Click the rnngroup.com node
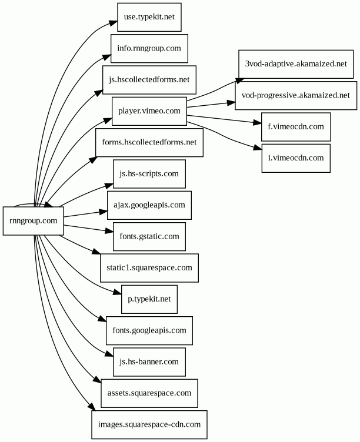pyautogui.click(x=33, y=221)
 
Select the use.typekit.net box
pyautogui.click(x=149, y=17)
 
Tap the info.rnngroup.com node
pyautogui.click(x=149, y=48)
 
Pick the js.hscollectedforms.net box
pyautogui.click(x=149, y=79)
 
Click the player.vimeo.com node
pyautogui.click(x=149, y=110)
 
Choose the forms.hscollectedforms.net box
pyautogui.click(x=149, y=142)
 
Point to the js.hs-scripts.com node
pyautogui.click(x=149, y=173)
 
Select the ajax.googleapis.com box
pyautogui.click(x=149, y=205)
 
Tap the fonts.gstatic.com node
pyautogui.click(x=149, y=236)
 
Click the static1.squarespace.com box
pyautogui.click(x=149, y=267)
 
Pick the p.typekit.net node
pyautogui.click(x=149, y=299)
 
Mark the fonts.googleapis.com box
pyautogui.click(x=149, y=330)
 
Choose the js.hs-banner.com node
pyautogui.click(x=149, y=361)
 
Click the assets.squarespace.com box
pyautogui.click(x=149, y=392)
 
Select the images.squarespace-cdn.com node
pyautogui.click(x=149, y=423)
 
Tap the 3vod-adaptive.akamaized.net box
pyautogui.click(x=296, y=63)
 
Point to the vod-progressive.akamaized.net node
pyautogui.click(x=296, y=95)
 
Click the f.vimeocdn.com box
pyautogui.click(x=296, y=126)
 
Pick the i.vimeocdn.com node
pyautogui.click(x=296, y=158)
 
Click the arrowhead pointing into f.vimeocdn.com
pyautogui.click(x=257, y=123)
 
